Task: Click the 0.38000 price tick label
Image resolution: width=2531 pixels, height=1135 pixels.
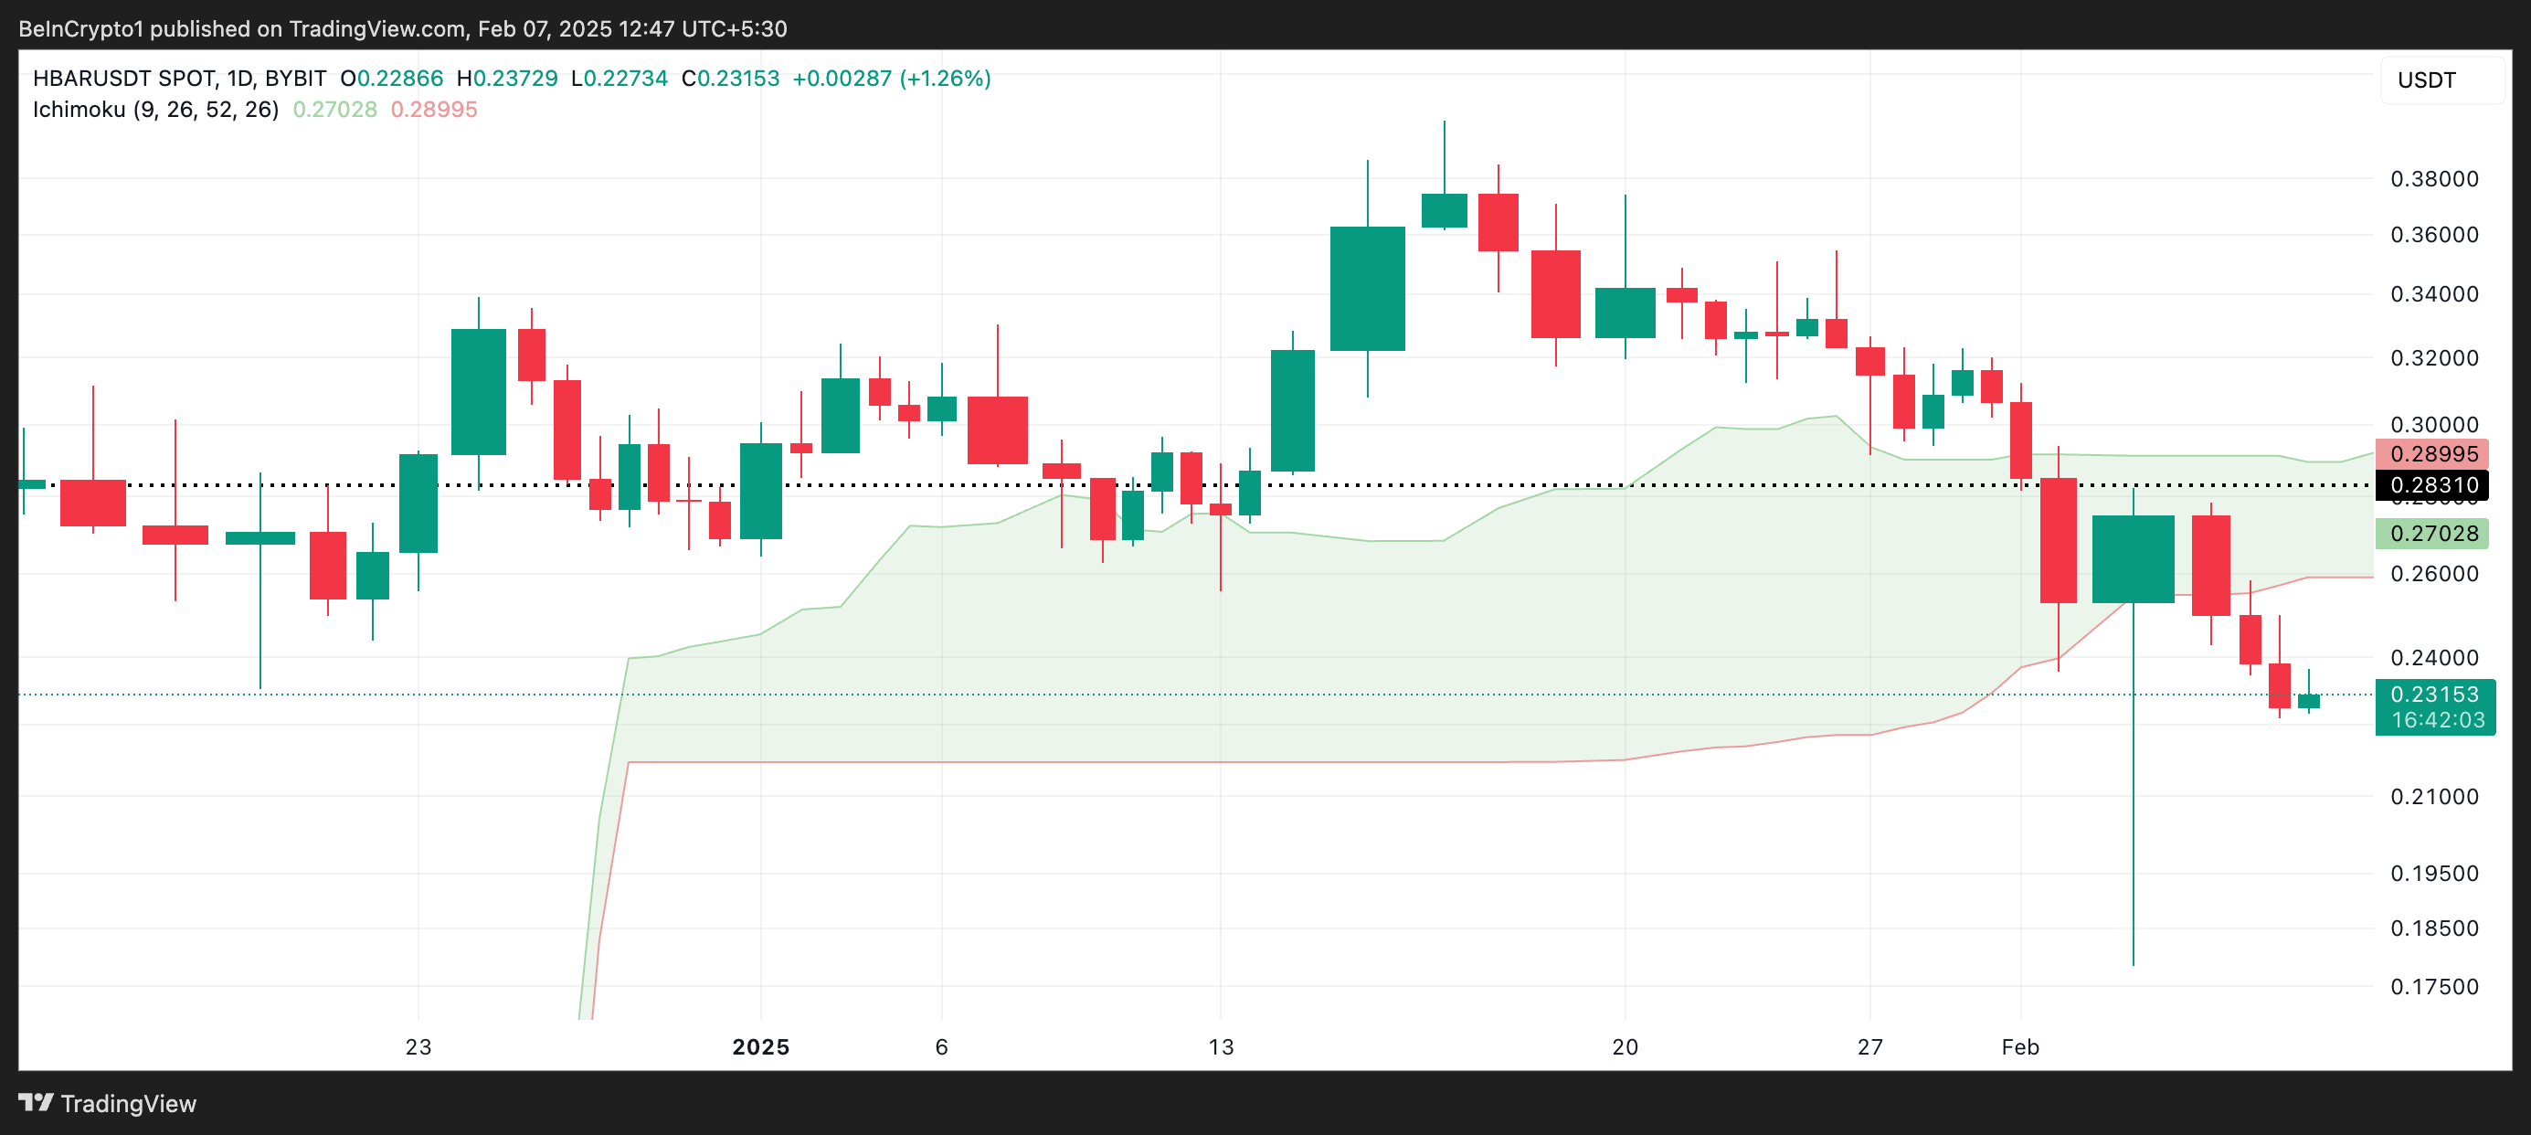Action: coord(2434,179)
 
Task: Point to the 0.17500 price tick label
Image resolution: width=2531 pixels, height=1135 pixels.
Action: coord(2434,987)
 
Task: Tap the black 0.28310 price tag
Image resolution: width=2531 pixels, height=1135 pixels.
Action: coord(2434,485)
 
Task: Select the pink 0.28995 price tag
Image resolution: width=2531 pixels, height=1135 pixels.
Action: coord(2434,454)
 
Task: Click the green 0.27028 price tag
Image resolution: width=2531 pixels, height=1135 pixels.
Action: coord(2434,534)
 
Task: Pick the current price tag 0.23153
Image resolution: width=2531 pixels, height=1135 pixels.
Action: coord(2434,695)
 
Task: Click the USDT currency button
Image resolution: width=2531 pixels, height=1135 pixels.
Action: coord(2427,80)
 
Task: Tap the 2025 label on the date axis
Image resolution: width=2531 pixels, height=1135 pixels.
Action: coord(760,1047)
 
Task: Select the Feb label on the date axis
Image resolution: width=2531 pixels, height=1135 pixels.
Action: coord(2020,1047)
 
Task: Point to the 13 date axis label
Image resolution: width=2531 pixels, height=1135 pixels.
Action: coord(1221,1047)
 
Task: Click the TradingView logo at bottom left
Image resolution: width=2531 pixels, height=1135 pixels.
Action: coord(108,1104)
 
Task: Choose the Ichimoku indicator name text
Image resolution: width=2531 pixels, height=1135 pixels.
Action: coord(155,109)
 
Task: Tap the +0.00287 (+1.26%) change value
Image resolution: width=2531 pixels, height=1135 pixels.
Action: coord(891,79)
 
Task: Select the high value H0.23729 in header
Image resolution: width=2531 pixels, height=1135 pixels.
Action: coord(507,79)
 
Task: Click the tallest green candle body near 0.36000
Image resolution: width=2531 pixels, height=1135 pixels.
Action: coord(1367,289)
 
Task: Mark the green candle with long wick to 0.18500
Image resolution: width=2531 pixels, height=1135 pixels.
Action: coord(2133,558)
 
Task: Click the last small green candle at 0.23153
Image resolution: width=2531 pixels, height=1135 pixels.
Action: coord(2308,702)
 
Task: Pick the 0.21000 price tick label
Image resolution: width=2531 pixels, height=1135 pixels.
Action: coord(2434,797)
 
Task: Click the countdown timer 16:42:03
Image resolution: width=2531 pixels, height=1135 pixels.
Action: coord(2438,720)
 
